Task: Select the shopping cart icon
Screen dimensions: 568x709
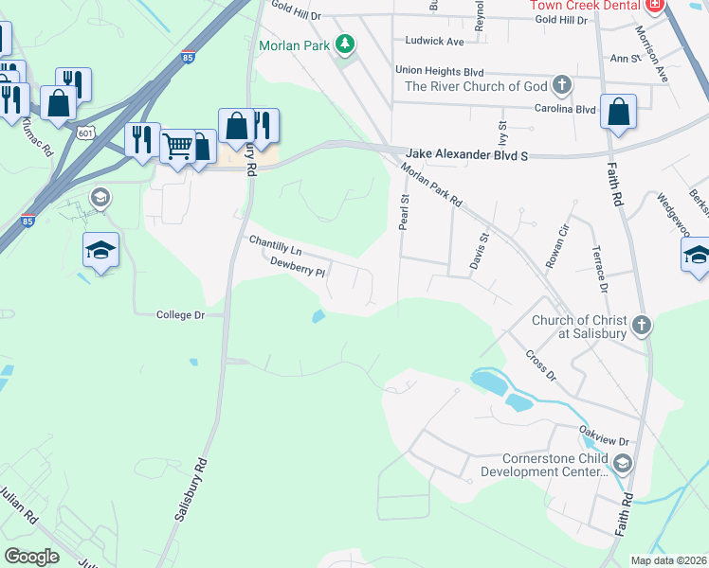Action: click(x=177, y=146)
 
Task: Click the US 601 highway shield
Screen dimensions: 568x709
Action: click(x=86, y=132)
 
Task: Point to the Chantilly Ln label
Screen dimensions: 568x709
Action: click(x=275, y=245)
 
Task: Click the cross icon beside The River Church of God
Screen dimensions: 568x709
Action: click(x=562, y=86)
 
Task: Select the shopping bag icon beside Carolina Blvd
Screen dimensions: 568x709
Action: click(x=618, y=113)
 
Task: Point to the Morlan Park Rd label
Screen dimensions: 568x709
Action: click(x=431, y=186)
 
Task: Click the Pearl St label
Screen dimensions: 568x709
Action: click(x=403, y=213)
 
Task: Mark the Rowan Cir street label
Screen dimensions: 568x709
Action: click(x=556, y=248)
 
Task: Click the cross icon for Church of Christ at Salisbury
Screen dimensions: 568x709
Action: click(x=642, y=326)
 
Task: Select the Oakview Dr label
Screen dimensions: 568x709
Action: click(x=604, y=429)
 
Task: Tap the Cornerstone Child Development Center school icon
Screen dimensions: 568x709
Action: click(x=622, y=463)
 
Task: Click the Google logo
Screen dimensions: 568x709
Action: click(x=32, y=557)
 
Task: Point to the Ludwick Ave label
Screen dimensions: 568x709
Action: click(x=434, y=42)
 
